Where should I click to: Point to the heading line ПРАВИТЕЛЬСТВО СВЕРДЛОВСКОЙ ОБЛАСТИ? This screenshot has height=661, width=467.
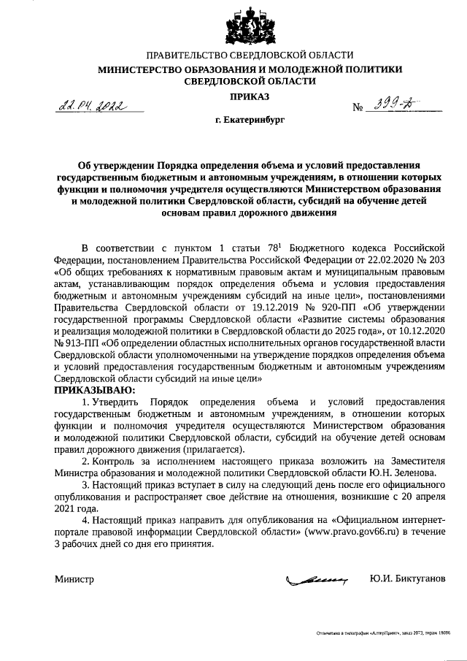(x=250, y=56)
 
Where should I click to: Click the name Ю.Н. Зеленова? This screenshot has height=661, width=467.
(x=400, y=473)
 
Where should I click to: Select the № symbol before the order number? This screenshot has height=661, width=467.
(x=358, y=108)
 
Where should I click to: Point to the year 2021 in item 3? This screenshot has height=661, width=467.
(x=64, y=508)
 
